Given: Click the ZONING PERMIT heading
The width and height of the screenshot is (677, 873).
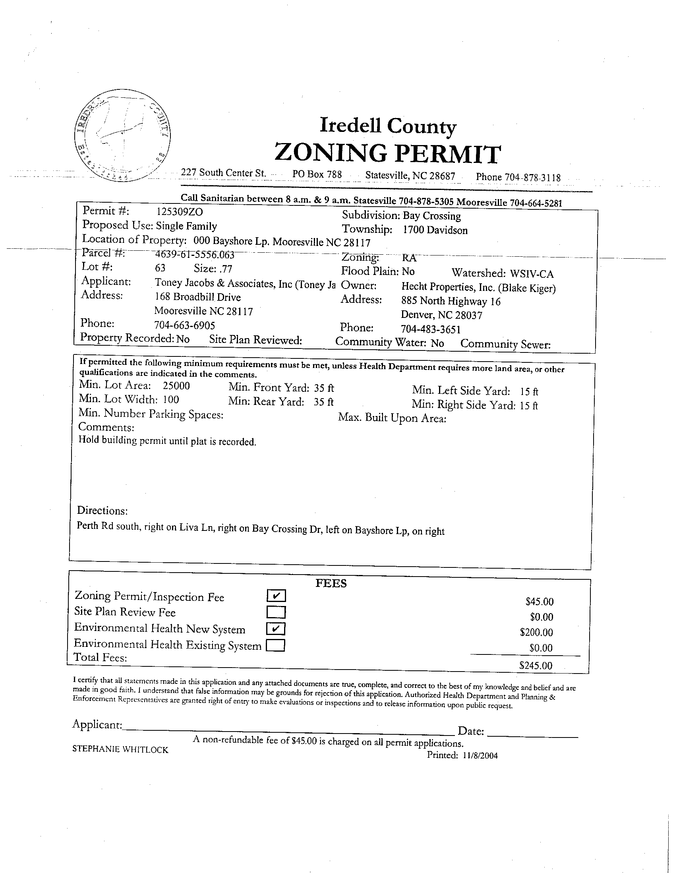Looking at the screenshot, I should [x=387, y=153].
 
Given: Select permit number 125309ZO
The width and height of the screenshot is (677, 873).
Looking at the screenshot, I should [x=180, y=211].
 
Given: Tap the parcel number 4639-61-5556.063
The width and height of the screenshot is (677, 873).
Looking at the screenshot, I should [x=194, y=254].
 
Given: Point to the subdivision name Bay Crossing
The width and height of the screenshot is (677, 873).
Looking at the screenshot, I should [x=431, y=216].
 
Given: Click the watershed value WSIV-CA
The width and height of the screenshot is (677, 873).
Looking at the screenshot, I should [x=532, y=274].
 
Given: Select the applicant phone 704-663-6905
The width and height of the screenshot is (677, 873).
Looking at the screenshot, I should [x=184, y=325].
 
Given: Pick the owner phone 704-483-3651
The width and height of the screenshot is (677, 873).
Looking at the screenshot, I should [x=430, y=329].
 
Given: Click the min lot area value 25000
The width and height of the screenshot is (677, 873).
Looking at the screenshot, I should [x=176, y=386].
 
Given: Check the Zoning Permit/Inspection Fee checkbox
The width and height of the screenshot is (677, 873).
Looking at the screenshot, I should [x=276, y=596].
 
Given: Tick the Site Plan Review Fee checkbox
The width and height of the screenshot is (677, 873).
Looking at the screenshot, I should [x=276, y=612].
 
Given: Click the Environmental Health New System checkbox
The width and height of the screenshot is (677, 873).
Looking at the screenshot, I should [x=276, y=629].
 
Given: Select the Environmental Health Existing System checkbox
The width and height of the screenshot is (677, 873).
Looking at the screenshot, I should [x=275, y=646].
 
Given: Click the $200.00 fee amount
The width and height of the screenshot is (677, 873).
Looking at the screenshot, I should [x=536, y=632].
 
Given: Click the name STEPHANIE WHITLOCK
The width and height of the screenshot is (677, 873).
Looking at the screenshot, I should [x=120, y=749].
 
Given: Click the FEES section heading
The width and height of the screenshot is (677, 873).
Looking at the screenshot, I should [x=331, y=583].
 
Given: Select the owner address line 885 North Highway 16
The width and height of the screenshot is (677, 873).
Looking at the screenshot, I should [x=451, y=301].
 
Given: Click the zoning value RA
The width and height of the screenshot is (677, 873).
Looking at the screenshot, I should [x=409, y=258].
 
